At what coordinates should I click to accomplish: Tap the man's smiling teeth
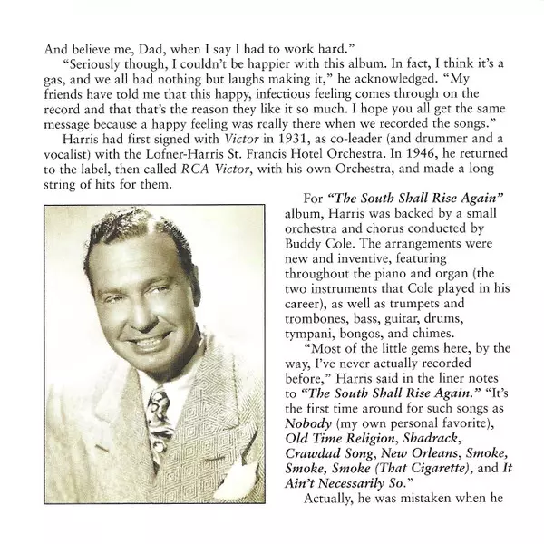click(132, 344)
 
